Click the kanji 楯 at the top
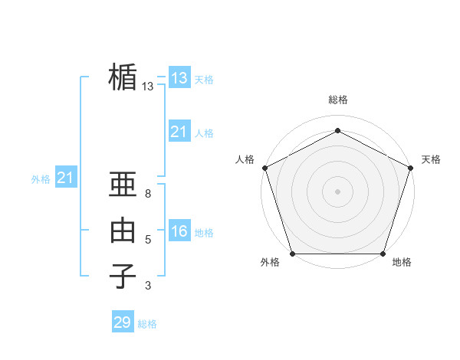[123, 77]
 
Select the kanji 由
[123, 230]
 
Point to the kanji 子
[123, 276]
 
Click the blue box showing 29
[123, 322]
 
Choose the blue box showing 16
[179, 231]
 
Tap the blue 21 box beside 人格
[179, 132]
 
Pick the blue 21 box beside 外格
[66, 178]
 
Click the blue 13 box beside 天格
[179, 78]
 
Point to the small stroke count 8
[148, 195]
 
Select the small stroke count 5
[148, 240]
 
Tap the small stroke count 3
[148, 286]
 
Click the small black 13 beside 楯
[148, 87]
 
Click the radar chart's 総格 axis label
[337, 100]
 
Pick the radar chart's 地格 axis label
[402, 262]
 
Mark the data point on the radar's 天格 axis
[411, 168]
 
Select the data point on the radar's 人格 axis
[264, 168]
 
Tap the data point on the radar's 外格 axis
[292, 254]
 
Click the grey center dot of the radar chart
[337, 191]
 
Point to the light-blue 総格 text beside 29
[147, 324]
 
